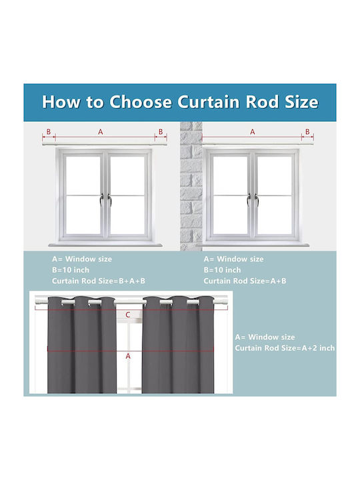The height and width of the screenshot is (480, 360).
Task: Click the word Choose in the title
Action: pos(141,101)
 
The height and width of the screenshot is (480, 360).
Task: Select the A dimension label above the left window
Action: pos(101,132)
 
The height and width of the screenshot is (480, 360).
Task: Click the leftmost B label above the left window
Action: pos(49,131)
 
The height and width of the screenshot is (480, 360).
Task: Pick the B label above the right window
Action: pos(307,131)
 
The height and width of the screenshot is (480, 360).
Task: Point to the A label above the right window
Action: pos(252,132)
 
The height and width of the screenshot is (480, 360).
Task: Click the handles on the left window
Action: pos(105,199)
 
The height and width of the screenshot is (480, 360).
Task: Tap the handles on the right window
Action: pos(253,199)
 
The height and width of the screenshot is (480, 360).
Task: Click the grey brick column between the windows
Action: pos(191,186)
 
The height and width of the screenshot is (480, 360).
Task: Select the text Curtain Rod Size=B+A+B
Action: pos(99,281)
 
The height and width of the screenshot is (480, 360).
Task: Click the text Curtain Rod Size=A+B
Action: pos(245,281)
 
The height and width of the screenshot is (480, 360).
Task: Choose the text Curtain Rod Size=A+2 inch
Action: pos(285,348)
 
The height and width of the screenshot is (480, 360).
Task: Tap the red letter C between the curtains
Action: pos(128,315)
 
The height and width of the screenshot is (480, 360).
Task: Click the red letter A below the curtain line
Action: pos(128,356)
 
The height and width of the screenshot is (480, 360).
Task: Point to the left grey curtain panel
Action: pos(82,345)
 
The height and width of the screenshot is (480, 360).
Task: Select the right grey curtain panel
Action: pos(178,345)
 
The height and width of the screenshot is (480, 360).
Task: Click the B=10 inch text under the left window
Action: pos(71,270)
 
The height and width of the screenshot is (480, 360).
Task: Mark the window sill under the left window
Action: pos(105,245)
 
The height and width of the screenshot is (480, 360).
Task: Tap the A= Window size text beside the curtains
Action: pos(265,337)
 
